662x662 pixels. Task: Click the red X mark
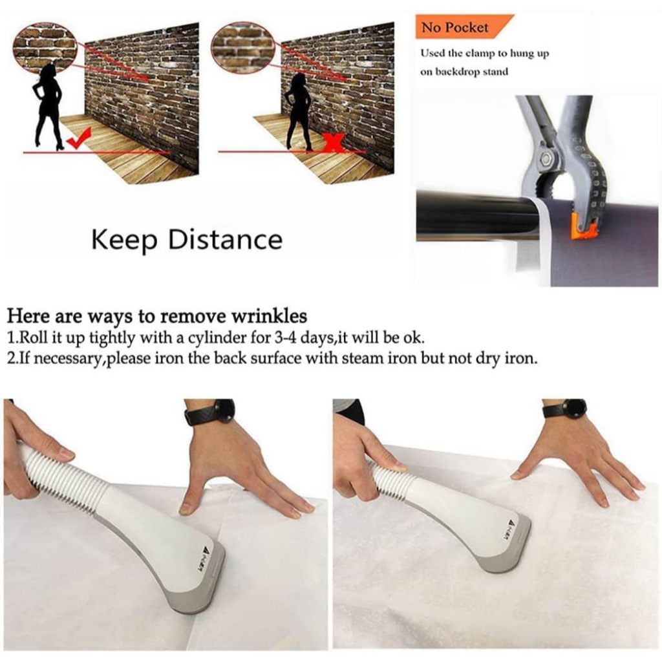click(334, 142)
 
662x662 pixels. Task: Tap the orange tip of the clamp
click(584, 226)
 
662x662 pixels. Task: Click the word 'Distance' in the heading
click(225, 239)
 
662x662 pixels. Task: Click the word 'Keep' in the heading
click(124, 240)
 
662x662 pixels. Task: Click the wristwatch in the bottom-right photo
click(567, 409)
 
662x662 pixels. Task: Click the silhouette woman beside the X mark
click(299, 111)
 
